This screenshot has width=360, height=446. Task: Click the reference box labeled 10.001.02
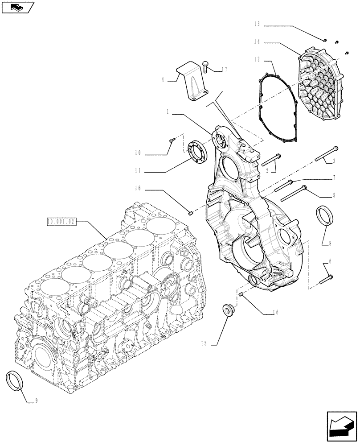coord(62,221)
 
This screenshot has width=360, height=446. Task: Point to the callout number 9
coord(37,401)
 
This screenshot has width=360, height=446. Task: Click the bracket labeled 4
coord(192,83)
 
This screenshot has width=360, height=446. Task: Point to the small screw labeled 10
coord(172,141)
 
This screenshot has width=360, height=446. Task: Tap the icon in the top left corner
coord(17,7)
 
